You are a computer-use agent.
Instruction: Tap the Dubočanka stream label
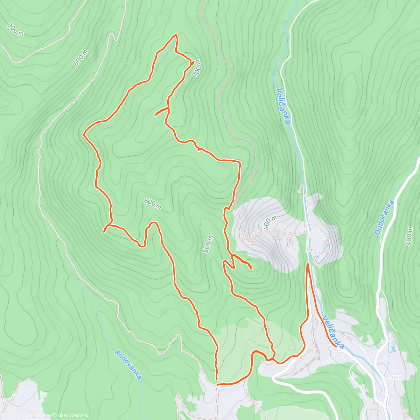(x=384, y=217)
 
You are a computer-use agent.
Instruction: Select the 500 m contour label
(x=208, y=244)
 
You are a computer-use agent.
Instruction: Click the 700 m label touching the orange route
(x=197, y=68)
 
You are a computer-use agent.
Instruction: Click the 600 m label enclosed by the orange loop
(x=152, y=204)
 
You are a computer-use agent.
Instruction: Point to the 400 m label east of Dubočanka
(x=410, y=236)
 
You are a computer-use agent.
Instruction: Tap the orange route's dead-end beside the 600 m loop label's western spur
(x=103, y=232)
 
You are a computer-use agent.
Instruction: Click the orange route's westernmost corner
(x=84, y=134)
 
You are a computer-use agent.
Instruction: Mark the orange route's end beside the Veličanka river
(x=308, y=264)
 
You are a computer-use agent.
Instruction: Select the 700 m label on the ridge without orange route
(x=16, y=29)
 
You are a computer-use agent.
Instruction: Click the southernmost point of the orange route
(x=217, y=384)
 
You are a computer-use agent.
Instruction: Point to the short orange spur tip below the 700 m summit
(x=155, y=115)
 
